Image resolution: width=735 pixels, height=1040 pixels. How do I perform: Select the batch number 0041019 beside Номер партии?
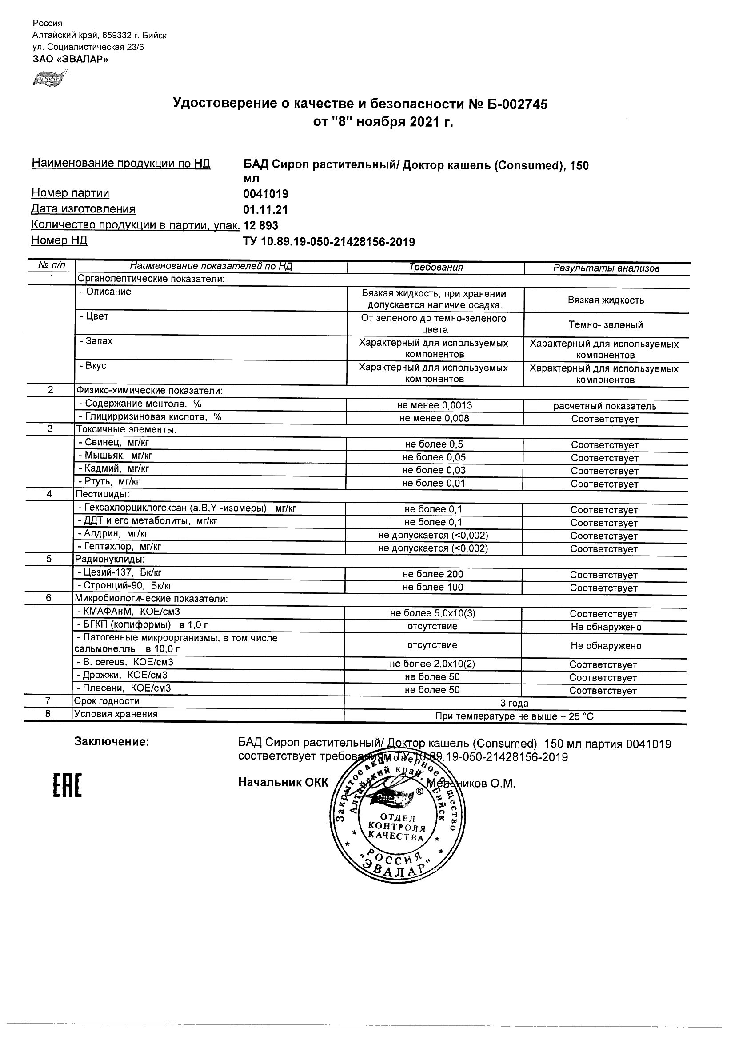coord(266,194)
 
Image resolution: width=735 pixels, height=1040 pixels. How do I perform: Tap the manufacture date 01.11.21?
coord(265,210)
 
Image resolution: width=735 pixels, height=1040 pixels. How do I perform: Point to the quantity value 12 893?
coord(261,226)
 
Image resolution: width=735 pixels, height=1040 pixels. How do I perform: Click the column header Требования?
coord(435,267)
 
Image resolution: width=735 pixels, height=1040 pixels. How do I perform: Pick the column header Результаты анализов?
coord(606,268)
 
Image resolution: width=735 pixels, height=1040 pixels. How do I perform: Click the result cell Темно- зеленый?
coord(606,325)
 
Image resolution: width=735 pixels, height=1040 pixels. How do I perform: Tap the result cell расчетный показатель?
coord(604,406)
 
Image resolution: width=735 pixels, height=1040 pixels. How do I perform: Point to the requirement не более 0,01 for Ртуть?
coord(433,483)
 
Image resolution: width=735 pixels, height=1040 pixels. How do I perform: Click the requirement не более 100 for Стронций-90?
coord(433,588)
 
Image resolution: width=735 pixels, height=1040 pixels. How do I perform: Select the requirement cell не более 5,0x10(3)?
coord(432,613)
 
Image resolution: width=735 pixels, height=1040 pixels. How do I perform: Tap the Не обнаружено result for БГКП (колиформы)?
coord(606,627)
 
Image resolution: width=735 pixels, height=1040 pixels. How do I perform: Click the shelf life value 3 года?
coord(514,703)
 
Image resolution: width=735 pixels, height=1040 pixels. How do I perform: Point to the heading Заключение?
coord(112,741)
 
